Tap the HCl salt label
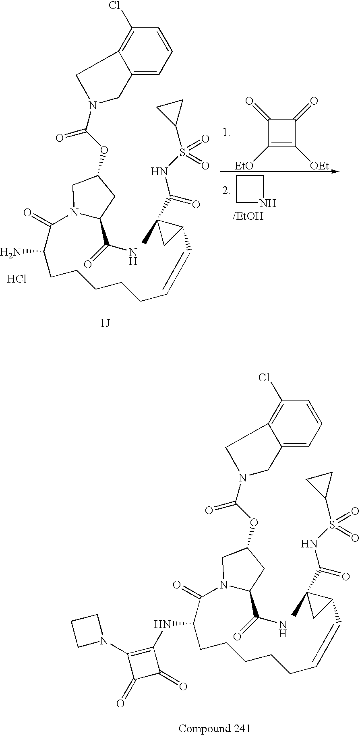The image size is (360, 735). pos(17,279)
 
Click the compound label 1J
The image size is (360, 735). pos(106,323)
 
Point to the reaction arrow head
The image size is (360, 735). pos(335,172)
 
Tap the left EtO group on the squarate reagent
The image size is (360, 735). pos(244,165)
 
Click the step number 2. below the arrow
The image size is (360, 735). pos(226,192)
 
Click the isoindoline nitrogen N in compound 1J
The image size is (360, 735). pos(93,106)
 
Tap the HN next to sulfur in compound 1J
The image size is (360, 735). pos(159,172)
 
